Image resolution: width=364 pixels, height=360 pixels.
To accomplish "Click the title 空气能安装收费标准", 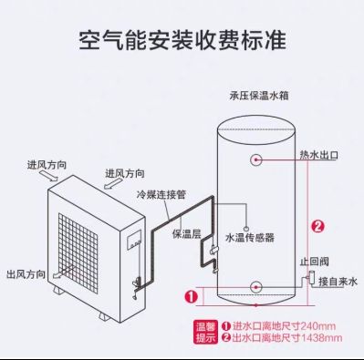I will click(x=182, y=41).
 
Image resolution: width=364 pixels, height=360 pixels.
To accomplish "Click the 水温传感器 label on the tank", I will click(x=249, y=236).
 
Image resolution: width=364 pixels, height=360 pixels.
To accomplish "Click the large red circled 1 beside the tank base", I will click(x=190, y=295).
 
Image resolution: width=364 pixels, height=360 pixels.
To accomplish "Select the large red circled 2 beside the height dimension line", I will click(x=317, y=227).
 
